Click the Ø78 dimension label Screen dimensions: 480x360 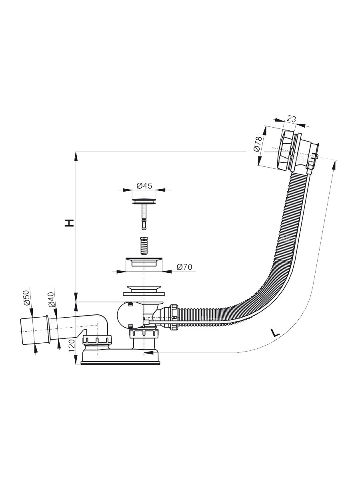(258, 144)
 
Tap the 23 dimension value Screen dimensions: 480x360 (292, 118)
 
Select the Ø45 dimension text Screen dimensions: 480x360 (144, 185)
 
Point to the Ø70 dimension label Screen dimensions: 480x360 (185, 266)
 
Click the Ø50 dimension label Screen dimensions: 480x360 (27, 298)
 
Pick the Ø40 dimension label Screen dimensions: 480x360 (51, 299)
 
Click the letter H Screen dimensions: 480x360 (70, 223)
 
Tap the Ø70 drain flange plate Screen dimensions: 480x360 (143, 262)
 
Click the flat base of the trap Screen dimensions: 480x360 (121, 363)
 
